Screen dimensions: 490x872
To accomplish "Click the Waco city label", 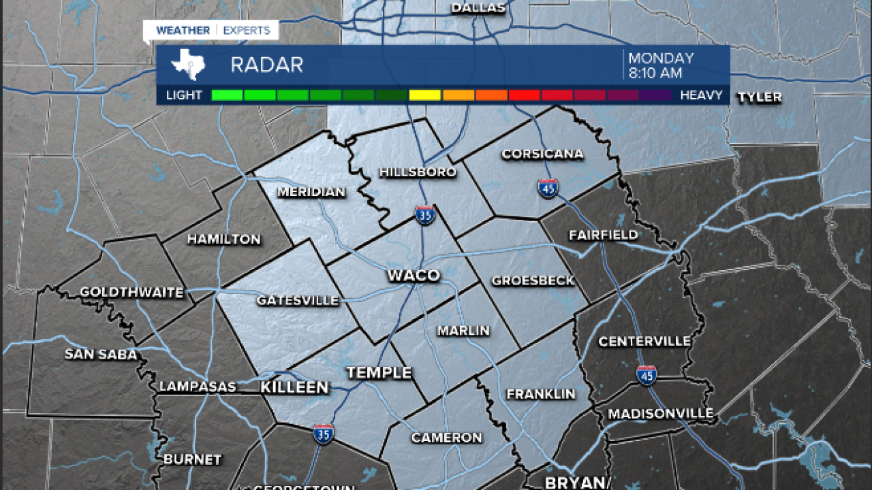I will (x=414, y=276).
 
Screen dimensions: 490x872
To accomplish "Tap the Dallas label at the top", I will (x=478, y=8).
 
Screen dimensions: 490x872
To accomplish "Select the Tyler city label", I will (x=760, y=97).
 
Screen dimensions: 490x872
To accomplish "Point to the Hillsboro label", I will (x=418, y=172).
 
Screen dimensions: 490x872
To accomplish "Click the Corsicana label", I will (x=542, y=154).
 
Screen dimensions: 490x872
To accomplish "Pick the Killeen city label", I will (x=294, y=387).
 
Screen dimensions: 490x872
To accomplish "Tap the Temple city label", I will (x=379, y=372).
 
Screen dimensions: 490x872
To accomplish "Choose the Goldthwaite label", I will (x=131, y=293).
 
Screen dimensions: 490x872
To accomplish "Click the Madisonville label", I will (x=661, y=414).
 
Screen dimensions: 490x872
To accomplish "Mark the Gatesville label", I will (x=298, y=300).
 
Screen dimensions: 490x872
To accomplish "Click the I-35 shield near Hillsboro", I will (x=425, y=215).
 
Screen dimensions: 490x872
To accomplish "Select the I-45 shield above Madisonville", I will (x=647, y=375).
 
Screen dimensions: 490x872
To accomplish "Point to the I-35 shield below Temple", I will (x=324, y=434).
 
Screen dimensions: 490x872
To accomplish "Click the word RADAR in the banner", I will (x=266, y=65).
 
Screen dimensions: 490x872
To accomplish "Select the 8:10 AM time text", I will (x=655, y=73).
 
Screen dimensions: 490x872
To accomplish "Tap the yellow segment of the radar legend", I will (x=424, y=95).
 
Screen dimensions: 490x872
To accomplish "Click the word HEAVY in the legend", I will (x=701, y=95).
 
